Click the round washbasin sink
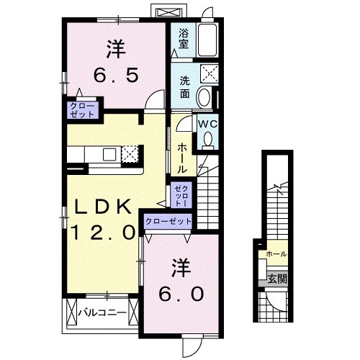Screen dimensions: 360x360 coord(205,97)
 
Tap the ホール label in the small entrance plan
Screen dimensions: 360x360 coord(276,255)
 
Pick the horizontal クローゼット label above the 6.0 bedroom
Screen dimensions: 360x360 coord(168,222)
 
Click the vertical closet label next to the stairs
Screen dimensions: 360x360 coord(179,195)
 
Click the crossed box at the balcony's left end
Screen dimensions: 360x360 coord(71,313)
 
